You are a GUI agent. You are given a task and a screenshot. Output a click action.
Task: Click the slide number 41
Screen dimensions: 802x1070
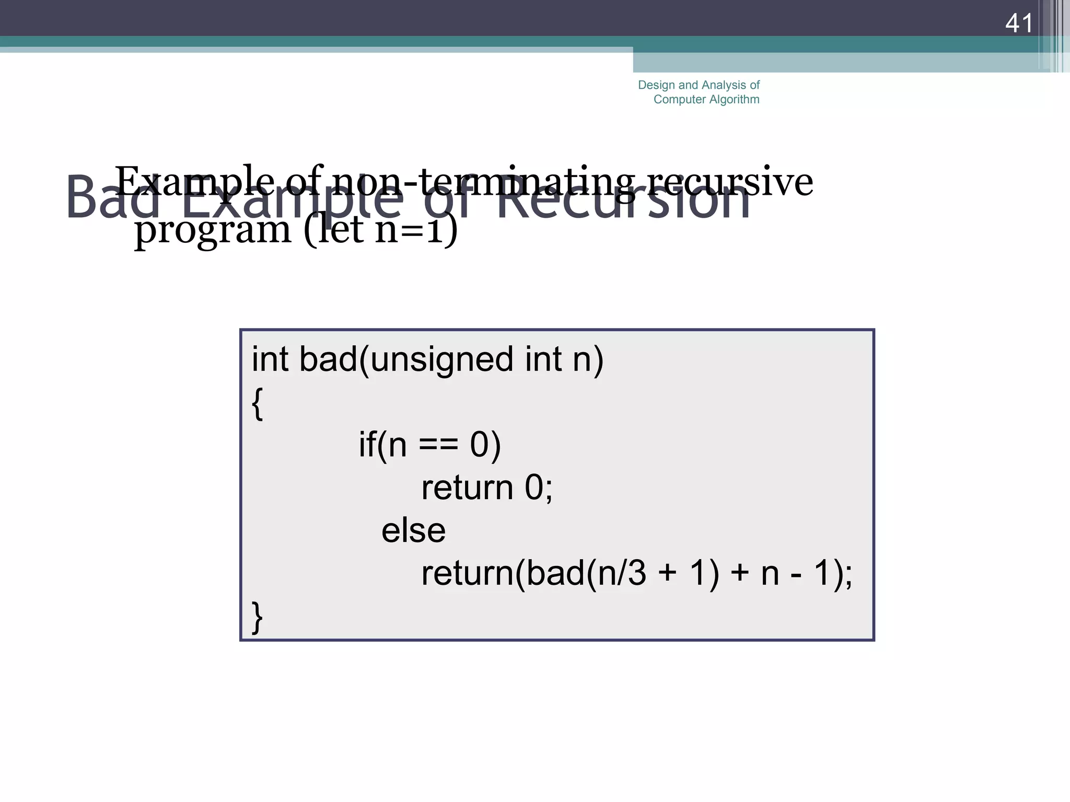[x=1018, y=23]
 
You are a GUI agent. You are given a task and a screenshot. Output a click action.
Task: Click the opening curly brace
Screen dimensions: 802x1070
[x=257, y=404]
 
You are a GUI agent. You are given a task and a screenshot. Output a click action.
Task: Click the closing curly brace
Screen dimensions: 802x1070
[x=257, y=617]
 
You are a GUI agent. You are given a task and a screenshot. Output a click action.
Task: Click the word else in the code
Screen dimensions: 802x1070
[x=413, y=531]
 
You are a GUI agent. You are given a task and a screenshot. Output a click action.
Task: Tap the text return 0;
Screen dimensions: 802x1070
[x=486, y=488]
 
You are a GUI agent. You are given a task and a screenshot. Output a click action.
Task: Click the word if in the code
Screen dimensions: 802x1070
[x=367, y=445]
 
